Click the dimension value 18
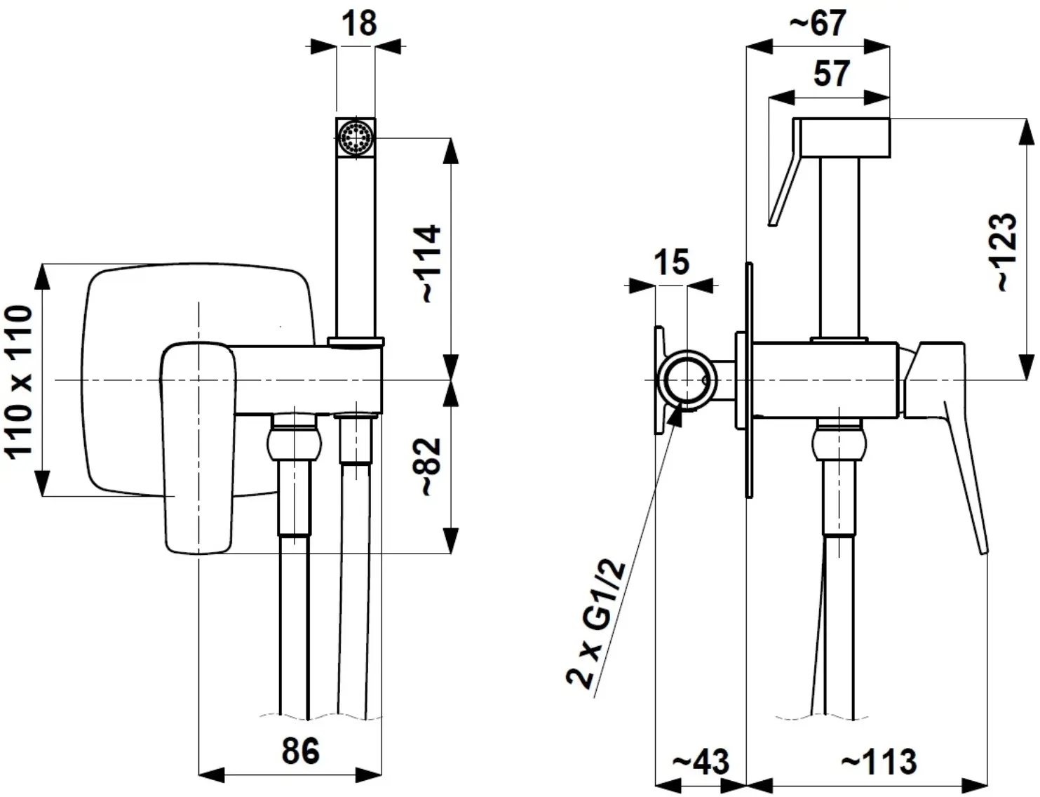point(360,23)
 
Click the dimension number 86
point(300,751)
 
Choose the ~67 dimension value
point(818,22)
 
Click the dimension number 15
point(672,262)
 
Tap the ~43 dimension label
point(701,761)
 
